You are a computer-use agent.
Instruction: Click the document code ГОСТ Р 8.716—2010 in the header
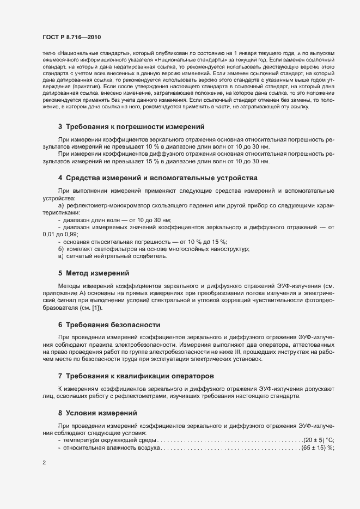71,36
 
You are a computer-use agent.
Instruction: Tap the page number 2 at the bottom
44,463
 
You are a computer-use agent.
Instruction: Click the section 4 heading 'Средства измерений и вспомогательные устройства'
157,178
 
